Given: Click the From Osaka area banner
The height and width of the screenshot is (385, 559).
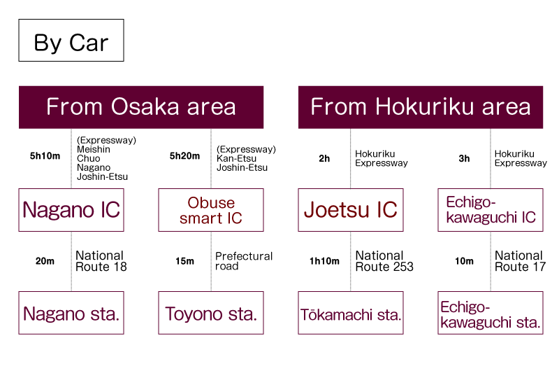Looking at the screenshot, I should click(x=141, y=107).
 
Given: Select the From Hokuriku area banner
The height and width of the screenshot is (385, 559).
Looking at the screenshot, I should click(x=421, y=107).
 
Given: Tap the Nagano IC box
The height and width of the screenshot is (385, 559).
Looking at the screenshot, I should click(x=71, y=209).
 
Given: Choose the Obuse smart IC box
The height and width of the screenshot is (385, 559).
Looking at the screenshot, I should click(x=211, y=209).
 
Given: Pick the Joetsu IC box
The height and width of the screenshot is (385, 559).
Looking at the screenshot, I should click(x=351, y=209).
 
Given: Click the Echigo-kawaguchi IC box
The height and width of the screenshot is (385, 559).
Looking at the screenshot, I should click(x=491, y=209).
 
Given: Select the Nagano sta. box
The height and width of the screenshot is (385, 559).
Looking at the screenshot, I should click(x=71, y=313).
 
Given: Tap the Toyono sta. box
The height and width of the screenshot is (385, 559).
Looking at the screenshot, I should click(x=211, y=313).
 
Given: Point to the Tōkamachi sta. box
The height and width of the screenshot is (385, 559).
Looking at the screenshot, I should click(x=351, y=313).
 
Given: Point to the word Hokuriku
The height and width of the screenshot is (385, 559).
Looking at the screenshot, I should click(x=415, y=107).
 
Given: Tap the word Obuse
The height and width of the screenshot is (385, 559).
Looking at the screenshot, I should click(x=211, y=203).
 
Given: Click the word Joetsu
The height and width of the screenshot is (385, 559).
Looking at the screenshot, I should click(x=335, y=209).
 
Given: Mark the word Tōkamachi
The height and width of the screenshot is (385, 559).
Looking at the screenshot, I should click(x=337, y=314).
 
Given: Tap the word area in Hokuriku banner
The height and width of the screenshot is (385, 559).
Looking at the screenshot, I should click(x=506, y=107).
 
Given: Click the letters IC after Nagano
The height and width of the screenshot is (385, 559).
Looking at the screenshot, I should click(x=108, y=209).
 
